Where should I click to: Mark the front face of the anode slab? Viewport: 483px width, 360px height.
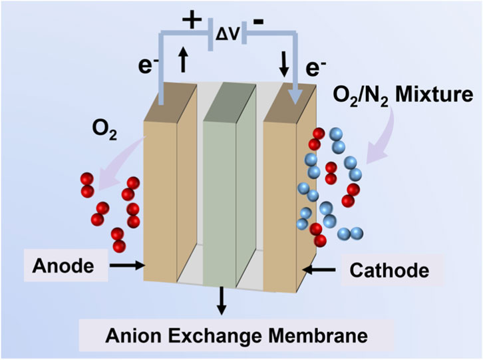click(158, 200)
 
